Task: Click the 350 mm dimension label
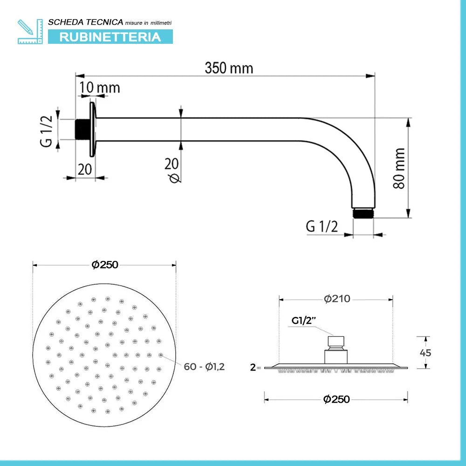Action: tap(229, 68)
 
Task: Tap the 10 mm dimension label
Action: tap(100, 88)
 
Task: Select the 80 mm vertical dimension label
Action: tap(399, 168)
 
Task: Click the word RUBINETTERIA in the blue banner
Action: tap(110, 37)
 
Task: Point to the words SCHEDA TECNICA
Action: tap(86, 22)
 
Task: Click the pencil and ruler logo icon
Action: tap(30, 32)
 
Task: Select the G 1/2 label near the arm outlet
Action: tap(322, 226)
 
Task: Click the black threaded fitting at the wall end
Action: tap(82, 129)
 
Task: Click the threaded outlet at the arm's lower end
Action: tap(363, 213)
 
